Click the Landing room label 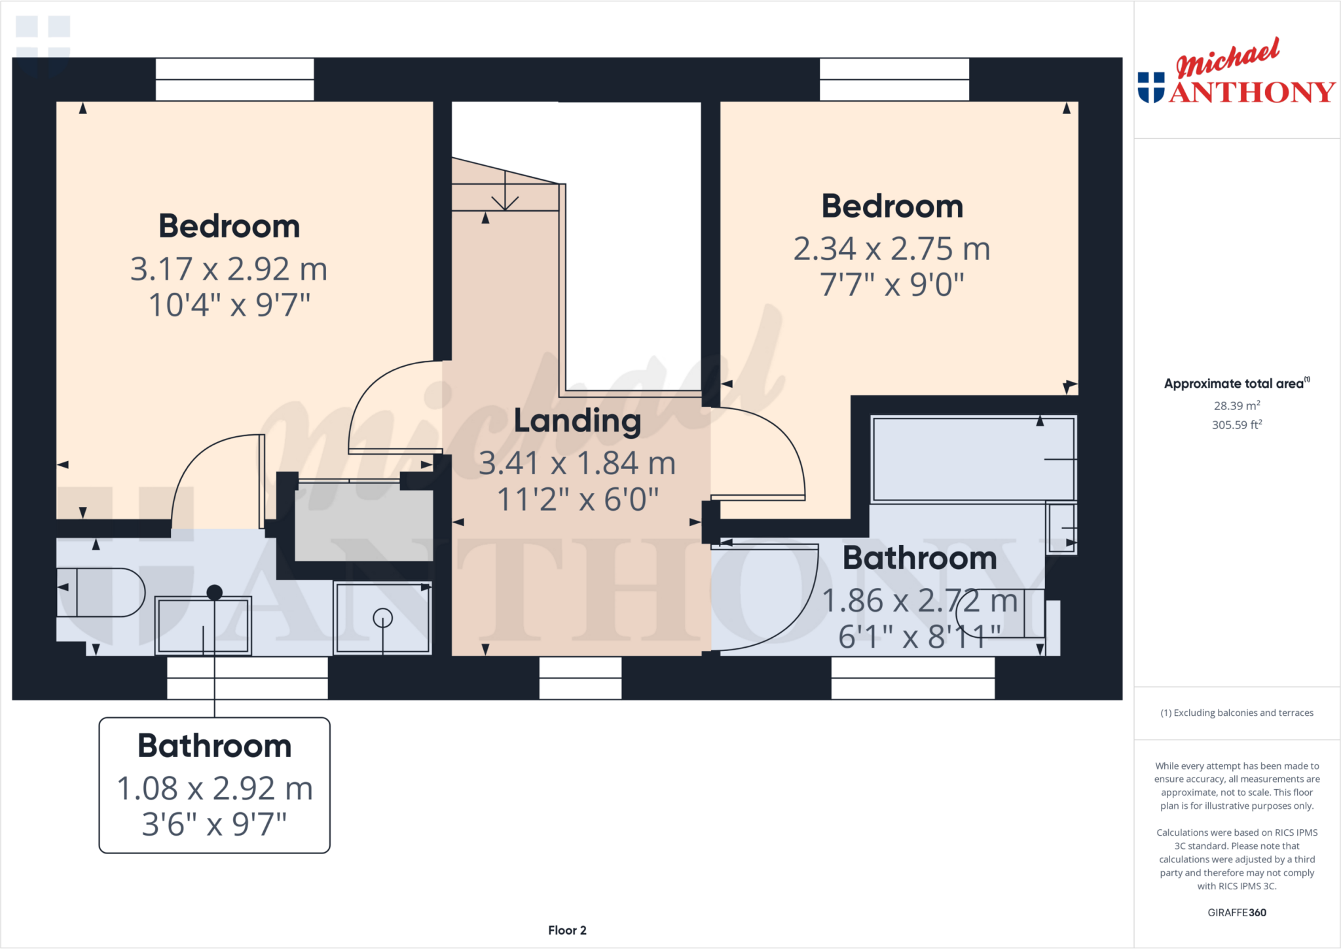(x=577, y=421)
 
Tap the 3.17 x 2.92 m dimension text (x=229, y=269)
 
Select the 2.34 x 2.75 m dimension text (x=892, y=249)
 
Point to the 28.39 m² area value (x=1236, y=406)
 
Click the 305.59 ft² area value (x=1236, y=425)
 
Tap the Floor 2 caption (x=567, y=930)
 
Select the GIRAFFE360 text (x=1236, y=912)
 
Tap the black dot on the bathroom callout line (x=215, y=593)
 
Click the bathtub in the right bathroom (x=973, y=459)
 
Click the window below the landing (x=580, y=678)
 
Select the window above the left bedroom (x=234, y=80)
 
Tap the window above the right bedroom (x=894, y=80)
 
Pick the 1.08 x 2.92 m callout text (x=215, y=789)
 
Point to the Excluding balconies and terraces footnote (x=1236, y=713)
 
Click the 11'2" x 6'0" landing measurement (x=577, y=500)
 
